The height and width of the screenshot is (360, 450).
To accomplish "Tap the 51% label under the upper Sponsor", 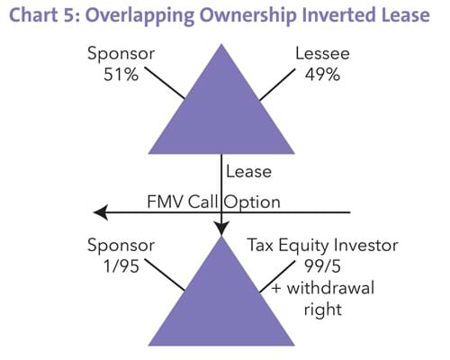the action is [121, 75].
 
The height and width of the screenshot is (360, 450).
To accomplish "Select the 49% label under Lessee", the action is [322, 75].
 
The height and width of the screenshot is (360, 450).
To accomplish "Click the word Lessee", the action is [322, 54].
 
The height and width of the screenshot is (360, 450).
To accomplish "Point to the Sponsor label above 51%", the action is [121, 54].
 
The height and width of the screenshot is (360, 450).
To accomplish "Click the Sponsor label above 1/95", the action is [121, 246].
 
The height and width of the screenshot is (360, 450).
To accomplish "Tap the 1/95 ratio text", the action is [121, 266].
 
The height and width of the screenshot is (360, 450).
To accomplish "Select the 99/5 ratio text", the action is [322, 266].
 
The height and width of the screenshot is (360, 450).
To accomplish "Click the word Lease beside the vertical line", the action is [248, 172].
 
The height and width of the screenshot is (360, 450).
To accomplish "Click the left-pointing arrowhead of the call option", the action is [101, 212].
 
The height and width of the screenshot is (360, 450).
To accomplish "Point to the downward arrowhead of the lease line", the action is [221, 229].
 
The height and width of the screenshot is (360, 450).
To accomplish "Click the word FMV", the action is [165, 202].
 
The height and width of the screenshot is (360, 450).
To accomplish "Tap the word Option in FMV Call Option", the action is [253, 202].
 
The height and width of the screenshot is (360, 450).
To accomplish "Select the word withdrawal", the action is [330, 288].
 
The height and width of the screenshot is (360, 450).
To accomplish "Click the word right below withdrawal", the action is [323, 310].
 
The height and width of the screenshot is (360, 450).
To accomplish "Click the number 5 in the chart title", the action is [70, 15].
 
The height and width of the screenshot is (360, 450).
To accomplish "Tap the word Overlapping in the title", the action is [141, 16].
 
